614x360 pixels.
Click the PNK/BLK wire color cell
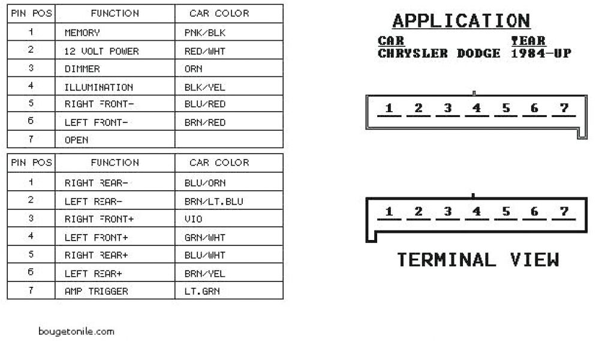pos(205,32)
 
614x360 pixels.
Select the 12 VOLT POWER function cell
pos(101,51)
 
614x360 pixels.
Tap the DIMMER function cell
pos(82,69)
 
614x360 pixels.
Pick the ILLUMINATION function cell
pos(98,87)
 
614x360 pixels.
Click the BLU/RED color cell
pos(205,104)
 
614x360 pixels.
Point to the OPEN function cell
pos(76,140)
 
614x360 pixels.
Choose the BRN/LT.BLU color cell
pos(214,201)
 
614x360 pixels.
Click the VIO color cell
pos(194,219)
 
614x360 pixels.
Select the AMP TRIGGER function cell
pos(96,292)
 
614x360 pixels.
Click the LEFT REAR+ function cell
pos(94,274)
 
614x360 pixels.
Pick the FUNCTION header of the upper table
pos(115,13)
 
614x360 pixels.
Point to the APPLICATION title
pos(461,21)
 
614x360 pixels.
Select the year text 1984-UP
pos(541,53)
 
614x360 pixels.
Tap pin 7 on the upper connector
pos(564,109)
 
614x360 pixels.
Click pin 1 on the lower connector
pos(389,212)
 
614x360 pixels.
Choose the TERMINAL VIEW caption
pos(478,260)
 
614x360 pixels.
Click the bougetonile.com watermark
pos(76,331)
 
